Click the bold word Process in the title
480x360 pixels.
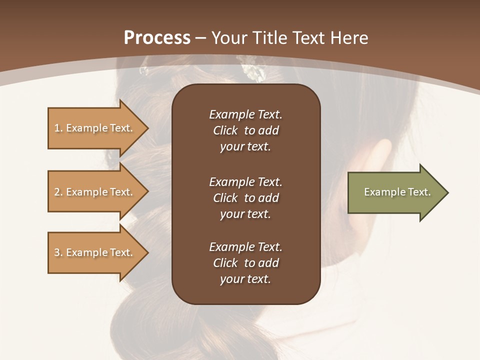click(x=157, y=38)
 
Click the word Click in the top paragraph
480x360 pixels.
click(x=225, y=130)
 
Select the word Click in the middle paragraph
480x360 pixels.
click(x=225, y=198)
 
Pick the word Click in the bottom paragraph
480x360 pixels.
click(x=225, y=263)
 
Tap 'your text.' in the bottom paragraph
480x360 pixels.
click(x=245, y=279)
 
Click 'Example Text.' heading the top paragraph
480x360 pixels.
click(x=245, y=114)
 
